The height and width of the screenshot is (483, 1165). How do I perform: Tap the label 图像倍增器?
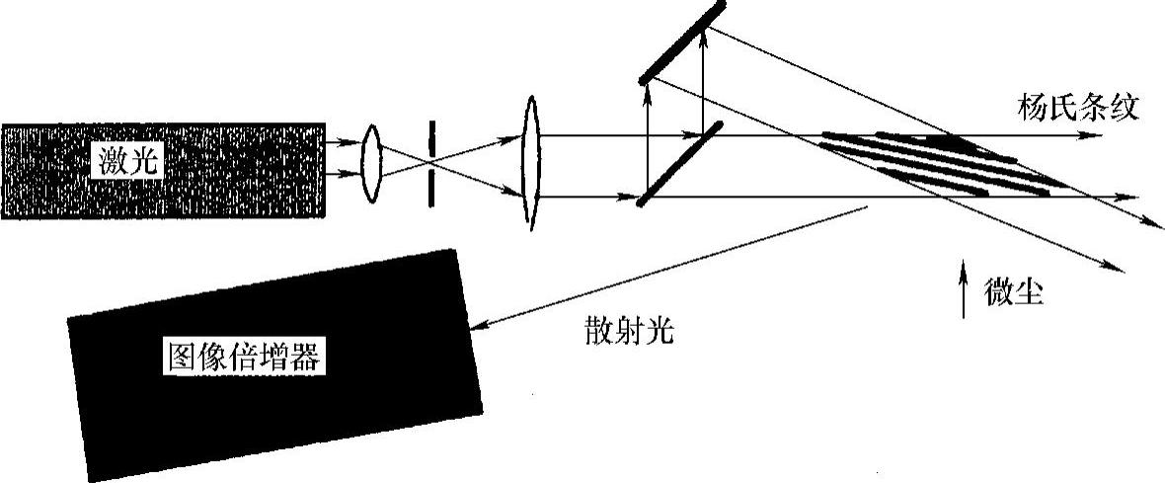click(x=243, y=358)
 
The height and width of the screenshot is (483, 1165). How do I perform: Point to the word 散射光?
click(x=627, y=329)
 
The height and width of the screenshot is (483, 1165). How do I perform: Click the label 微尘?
click(x=1015, y=293)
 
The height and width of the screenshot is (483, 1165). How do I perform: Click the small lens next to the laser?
click(x=371, y=163)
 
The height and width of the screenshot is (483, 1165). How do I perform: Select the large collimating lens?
click(x=531, y=164)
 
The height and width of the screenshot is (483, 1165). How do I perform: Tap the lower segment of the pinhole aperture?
click(x=431, y=191)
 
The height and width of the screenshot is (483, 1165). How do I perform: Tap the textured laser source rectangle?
click(x=163, y=170)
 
